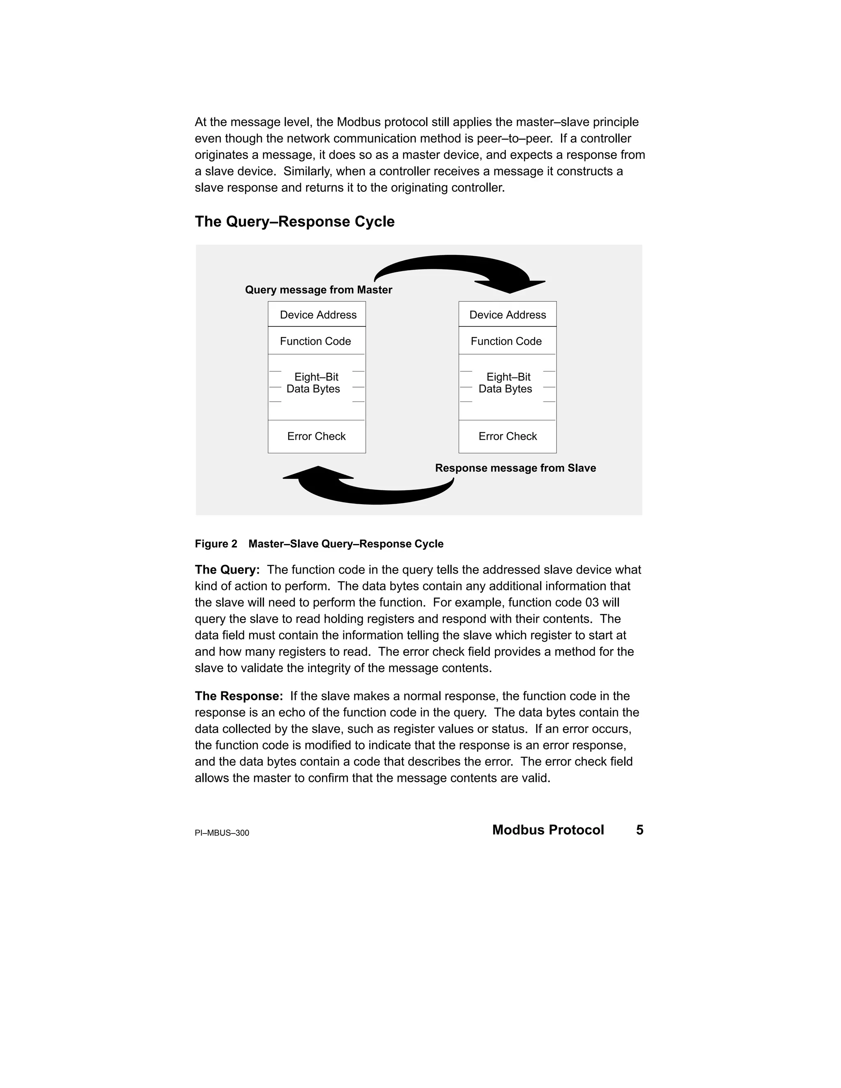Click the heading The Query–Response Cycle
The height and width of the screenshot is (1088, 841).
(294, 222)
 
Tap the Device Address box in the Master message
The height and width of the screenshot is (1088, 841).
(317, 314)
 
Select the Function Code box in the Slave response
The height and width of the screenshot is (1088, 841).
(507, 341)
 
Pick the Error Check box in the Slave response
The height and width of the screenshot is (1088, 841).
(508, 436)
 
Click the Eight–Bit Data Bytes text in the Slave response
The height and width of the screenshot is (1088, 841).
(507, 383)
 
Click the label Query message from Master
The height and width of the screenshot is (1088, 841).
(318, 290)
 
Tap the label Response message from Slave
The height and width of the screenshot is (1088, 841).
(515, 468)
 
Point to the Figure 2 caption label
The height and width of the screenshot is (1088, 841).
(216, 544)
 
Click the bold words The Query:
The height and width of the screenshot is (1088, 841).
(227, 570)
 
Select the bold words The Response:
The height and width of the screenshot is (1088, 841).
(239, 696)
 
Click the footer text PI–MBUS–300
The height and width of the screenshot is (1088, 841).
(222, 833)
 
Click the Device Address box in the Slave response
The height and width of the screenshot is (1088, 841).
(507, 314)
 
